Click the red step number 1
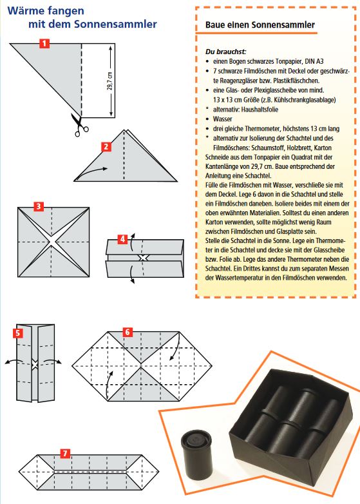(x=44, y=43)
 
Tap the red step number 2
(x=106, y=147)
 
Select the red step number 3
(x=39, y=206)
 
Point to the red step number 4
(x=122, y=239)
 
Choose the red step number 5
(x=18, y=333)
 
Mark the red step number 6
(x=128, y=332)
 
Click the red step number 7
(x=65, y=453)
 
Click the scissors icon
(x=79, y=125)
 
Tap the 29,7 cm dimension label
(x=110, y=81)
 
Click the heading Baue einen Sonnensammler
(x=260, y=24)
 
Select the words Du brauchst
(x=226, y=52)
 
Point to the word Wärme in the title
(x=26, y=10)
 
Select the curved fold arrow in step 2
(x=91, y=173)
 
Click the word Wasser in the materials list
(x=223, y=119)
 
